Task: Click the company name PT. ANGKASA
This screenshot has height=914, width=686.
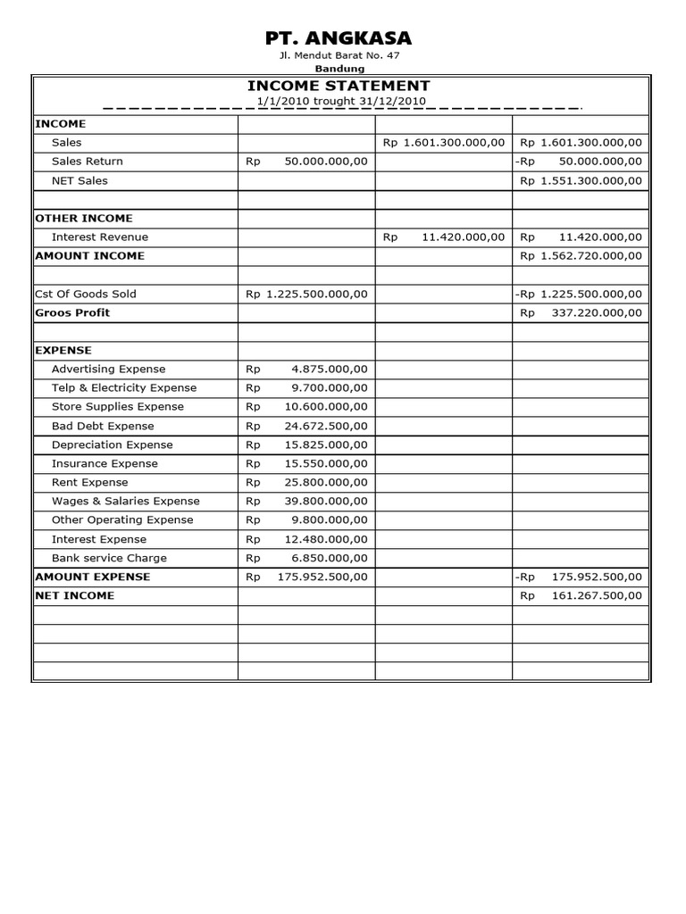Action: tap(339, 37)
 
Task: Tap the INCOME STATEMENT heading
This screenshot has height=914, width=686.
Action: tap(339, 86)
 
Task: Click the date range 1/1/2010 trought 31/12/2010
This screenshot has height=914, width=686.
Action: tap(340, 101)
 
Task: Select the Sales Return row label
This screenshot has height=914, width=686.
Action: tap(88, 162)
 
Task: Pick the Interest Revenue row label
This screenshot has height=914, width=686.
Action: tap(100, 237)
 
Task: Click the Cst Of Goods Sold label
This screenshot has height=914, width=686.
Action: tap(86, 294)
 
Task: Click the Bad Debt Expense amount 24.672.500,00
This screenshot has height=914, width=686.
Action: tap(325, 426)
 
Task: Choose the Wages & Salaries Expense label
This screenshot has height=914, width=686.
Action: tap(126, 501)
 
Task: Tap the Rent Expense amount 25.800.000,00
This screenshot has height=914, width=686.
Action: tap(325, 482)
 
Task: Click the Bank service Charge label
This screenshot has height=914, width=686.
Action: tap(109, 558)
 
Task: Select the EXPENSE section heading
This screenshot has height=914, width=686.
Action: tap(63, 350)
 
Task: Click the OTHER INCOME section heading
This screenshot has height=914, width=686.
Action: tap(84, 218)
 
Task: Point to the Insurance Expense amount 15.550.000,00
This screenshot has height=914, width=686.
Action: tap(325, 463)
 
